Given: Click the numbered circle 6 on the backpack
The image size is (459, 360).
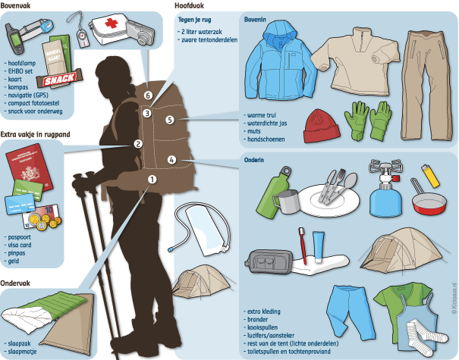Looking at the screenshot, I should coord(148,95).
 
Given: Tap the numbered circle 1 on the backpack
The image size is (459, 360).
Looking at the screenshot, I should coord(152,180).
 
